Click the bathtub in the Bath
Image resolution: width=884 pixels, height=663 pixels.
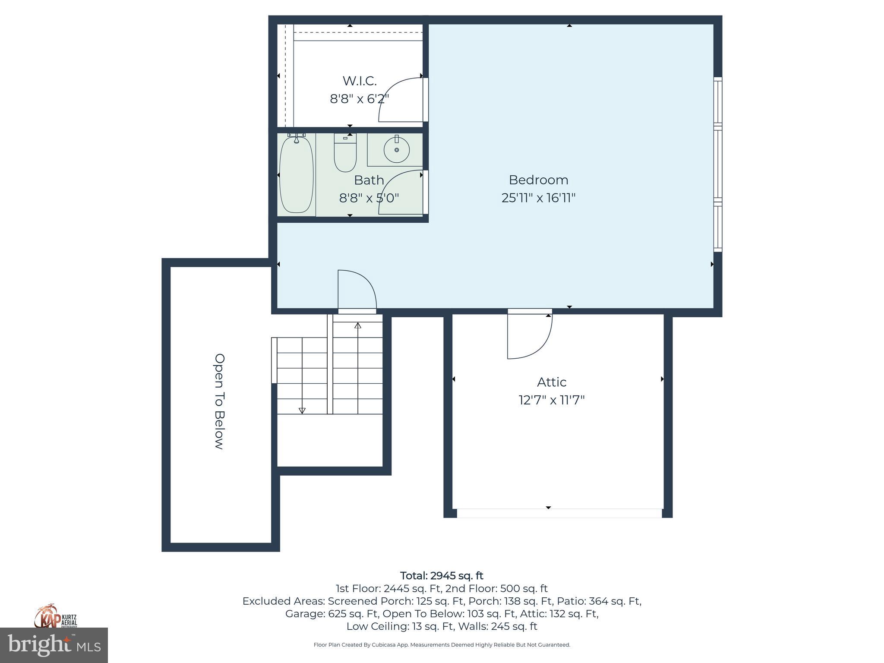coord(296,174)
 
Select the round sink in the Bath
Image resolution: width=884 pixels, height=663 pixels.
coord(396,150)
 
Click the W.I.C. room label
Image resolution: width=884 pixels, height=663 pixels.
coord(360,81)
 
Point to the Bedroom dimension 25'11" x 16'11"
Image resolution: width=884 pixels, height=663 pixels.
coord(538,198)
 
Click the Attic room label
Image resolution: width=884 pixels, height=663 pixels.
coord(551,382)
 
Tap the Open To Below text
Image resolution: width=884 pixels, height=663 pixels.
coord(220,401)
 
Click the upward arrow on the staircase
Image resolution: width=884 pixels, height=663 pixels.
coord(358,325)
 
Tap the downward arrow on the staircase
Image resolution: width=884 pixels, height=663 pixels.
coord(302,410)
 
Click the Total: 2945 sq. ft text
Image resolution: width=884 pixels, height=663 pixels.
coord(442,576)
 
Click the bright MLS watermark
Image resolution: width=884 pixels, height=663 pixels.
coord(54,645)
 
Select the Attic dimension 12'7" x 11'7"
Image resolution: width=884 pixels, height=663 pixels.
coord(551,400)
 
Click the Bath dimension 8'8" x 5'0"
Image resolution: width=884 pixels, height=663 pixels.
coord(369,198)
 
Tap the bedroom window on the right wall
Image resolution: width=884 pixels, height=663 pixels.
coord(717,164)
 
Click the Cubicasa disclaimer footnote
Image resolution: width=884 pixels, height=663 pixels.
coord(442,645)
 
